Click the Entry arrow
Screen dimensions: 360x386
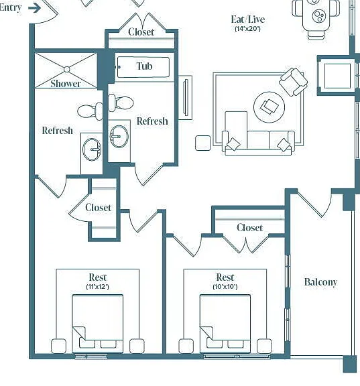[x=34, y=8]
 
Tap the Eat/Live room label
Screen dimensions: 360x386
[x=248, y=19]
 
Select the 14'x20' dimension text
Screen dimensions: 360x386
[x=247, y=29]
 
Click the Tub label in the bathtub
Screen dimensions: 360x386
[x=144, y=66]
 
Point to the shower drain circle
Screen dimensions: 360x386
[x=67, y=70]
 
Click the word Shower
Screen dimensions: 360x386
[x=66, y=84]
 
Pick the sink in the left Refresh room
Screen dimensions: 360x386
[x=92, y=149]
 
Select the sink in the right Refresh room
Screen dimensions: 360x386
[x=119, y=137]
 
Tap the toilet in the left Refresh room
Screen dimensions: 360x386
[x=90, y=111]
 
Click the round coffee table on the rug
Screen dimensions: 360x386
[x=269, y=107]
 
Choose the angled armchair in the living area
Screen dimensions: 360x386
[x=293, y=82]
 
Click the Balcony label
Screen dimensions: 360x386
[x=320, y=282]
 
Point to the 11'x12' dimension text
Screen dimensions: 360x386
[x=97, y=287]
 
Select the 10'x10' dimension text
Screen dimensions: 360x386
[x=225, y=287]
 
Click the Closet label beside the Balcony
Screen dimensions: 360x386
[x=249, y=228]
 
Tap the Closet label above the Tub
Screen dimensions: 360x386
[x=141, y=32]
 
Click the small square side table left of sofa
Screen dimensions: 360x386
[x=203, y=143]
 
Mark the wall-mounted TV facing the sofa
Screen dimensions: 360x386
[x=186, y=97]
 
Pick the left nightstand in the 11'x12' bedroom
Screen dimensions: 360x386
[x=58, y=346]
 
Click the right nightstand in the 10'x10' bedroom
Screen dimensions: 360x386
[x=264, y=346]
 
